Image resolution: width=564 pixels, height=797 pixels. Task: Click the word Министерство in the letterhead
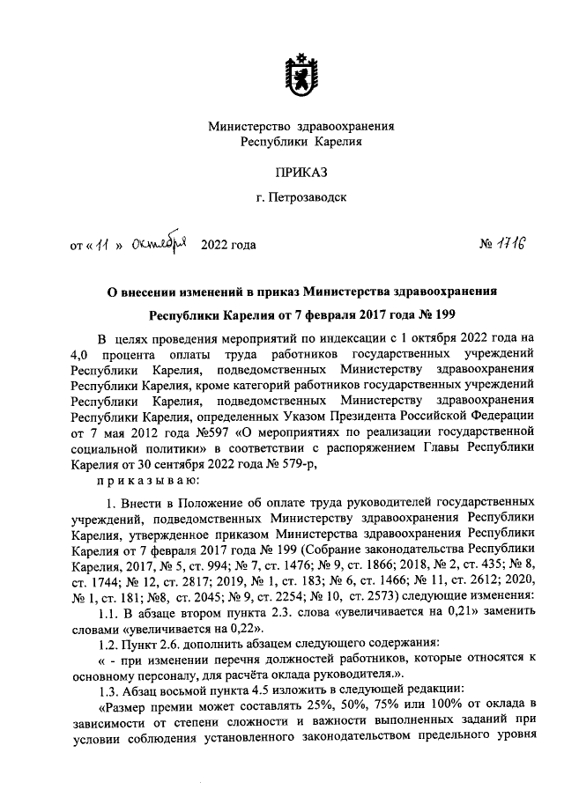pyautogui.click(x=248, y=126)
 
